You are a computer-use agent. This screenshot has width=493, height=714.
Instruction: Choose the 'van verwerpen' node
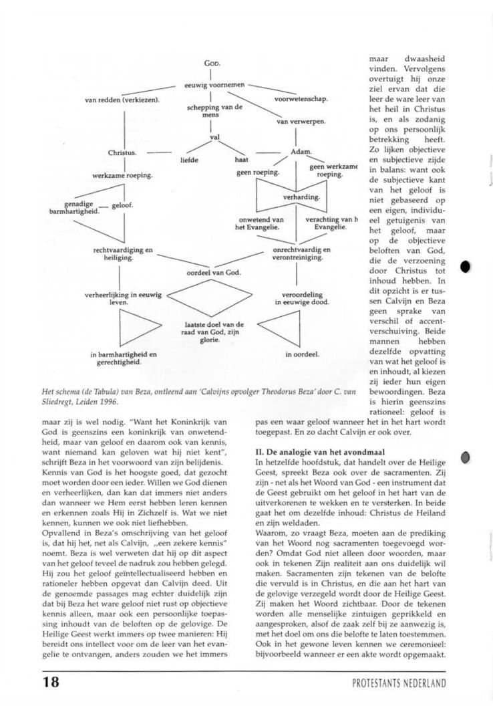tap(301, 122)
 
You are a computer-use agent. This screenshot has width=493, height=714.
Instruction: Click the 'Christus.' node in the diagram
tap(122, 153)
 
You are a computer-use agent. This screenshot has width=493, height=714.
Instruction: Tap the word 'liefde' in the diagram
tap(190, 160)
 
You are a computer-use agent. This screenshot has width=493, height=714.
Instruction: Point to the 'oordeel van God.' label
tap(214, 272)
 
